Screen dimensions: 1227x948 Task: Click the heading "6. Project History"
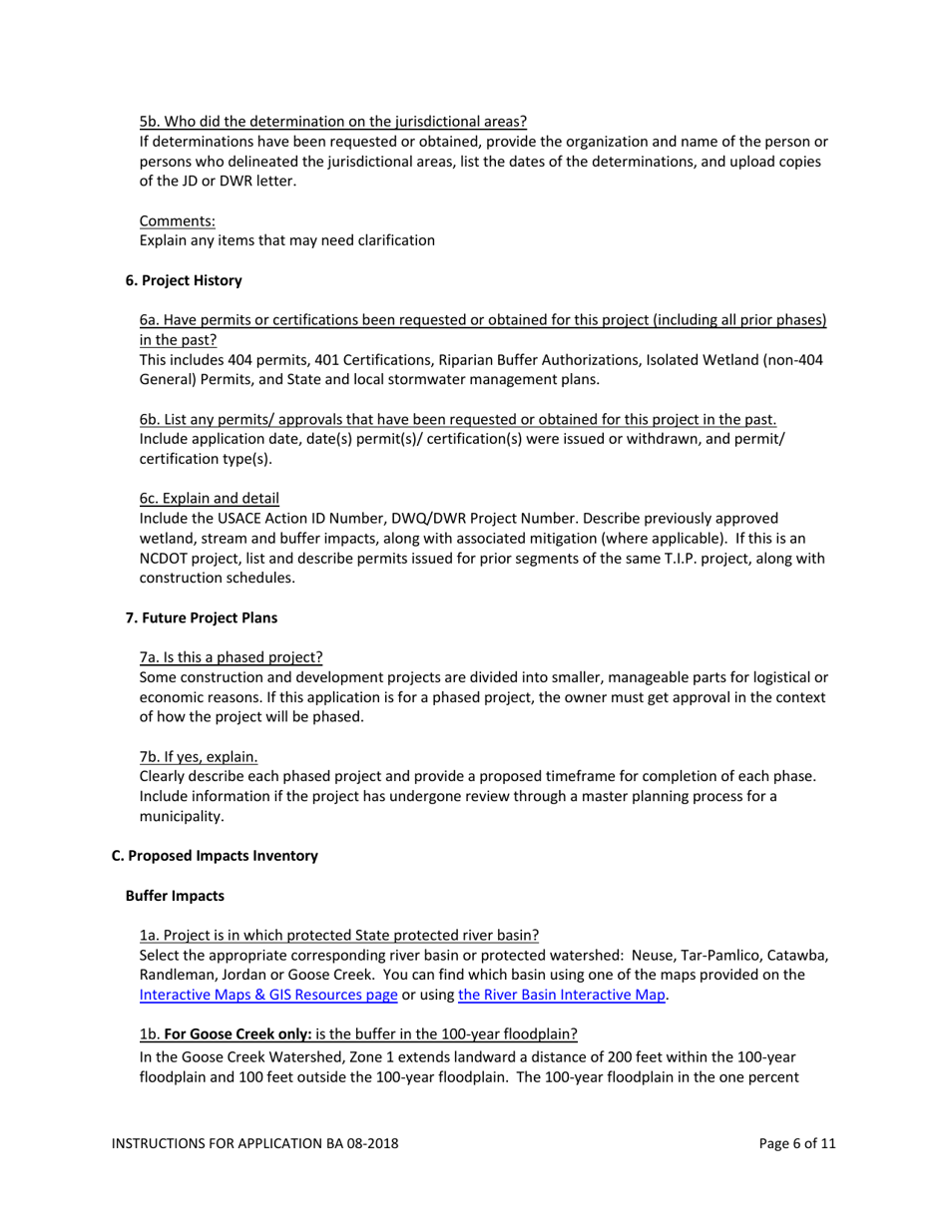[x=184, y=280]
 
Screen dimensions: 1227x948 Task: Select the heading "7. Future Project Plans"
[x=202, y=617]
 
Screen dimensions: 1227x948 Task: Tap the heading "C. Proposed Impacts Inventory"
[x=215, y=856]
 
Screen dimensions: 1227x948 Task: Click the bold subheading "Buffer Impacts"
[x=175, y=896]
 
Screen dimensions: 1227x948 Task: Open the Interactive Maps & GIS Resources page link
[x=268, y=995]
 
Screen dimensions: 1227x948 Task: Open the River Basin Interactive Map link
[x=561, y=995]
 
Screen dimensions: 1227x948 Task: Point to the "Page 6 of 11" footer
[x=797, y=1143]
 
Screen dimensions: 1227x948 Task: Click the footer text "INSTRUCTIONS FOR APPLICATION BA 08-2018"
[x=254, y=1143]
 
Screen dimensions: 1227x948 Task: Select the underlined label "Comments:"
[x=178, y=220]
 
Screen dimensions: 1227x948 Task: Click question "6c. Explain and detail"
[x=210, y=498]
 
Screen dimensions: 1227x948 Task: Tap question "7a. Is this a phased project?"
[x=232, y=657]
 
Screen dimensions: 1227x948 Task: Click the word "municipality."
[x=182, y=816]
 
